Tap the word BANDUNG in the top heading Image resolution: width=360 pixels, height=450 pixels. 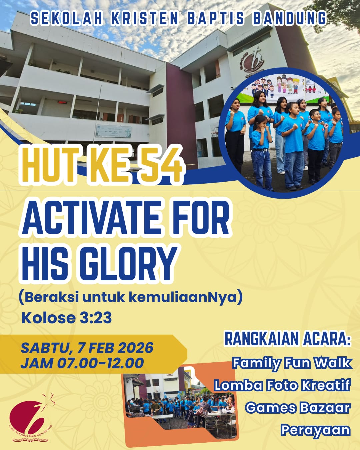click(x=289, y=19)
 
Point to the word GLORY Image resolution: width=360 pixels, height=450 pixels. click(x=128, y=263)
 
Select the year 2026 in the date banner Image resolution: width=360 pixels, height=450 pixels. click(x=135, y=348)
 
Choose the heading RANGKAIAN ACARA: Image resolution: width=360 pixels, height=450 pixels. click(x=288, y=339)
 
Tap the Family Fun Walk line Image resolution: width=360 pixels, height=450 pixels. click(x=292, y=363)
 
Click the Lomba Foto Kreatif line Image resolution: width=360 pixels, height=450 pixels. click(x=282, y=385)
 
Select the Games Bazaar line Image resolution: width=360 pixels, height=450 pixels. click(x=298, y=408)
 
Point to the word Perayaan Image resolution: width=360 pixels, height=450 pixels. click(x=315, y=430)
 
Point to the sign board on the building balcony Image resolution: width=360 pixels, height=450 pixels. click(x=113, y=131)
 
